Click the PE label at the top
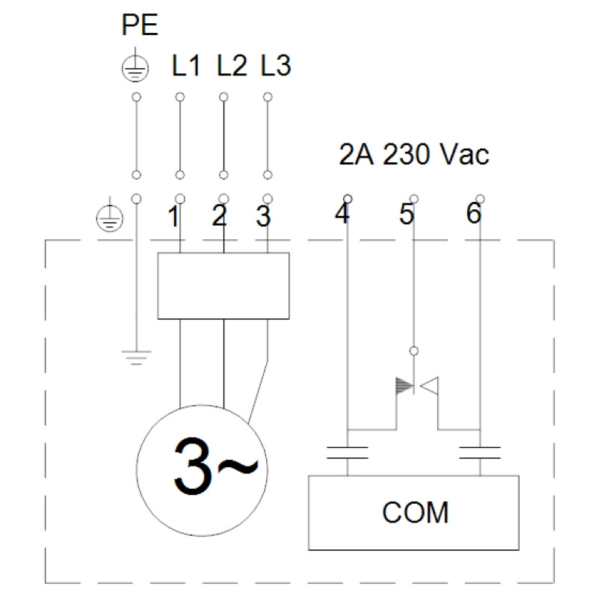(140, 25)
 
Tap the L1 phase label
(185, 65)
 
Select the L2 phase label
(232, 65)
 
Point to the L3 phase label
(276, 65)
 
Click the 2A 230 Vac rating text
(414, 155)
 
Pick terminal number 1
(173, 216)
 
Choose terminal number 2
(219, 216)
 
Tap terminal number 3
(263, 216)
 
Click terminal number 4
(342, 213)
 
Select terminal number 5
(407, 214)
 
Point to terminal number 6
(474, 213)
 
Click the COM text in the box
(416, 512)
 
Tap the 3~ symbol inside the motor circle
(215, 466)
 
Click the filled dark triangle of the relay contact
(404, 386)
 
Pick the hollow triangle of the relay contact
(429, 386)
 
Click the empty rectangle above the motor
(224, 286)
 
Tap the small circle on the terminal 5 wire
(414, 351)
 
